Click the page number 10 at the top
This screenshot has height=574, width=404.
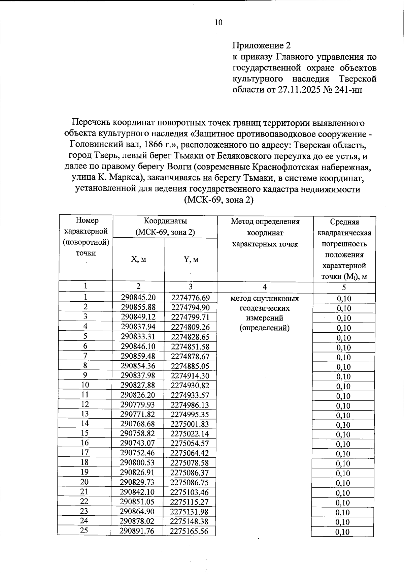218,23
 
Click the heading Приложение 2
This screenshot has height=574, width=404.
261,46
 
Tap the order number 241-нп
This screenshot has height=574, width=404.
348,90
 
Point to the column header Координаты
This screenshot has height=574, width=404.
165,221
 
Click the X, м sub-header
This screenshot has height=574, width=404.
138,259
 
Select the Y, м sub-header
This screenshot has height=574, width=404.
191,260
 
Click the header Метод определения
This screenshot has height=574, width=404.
265,221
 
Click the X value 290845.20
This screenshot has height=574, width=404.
138,298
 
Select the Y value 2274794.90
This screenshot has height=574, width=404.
190,307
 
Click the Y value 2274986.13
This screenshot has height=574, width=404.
190,405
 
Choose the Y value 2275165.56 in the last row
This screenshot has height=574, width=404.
189,531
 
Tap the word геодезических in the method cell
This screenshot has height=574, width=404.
265,308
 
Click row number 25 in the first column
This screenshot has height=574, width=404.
84,531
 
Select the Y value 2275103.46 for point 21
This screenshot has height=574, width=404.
189,492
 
